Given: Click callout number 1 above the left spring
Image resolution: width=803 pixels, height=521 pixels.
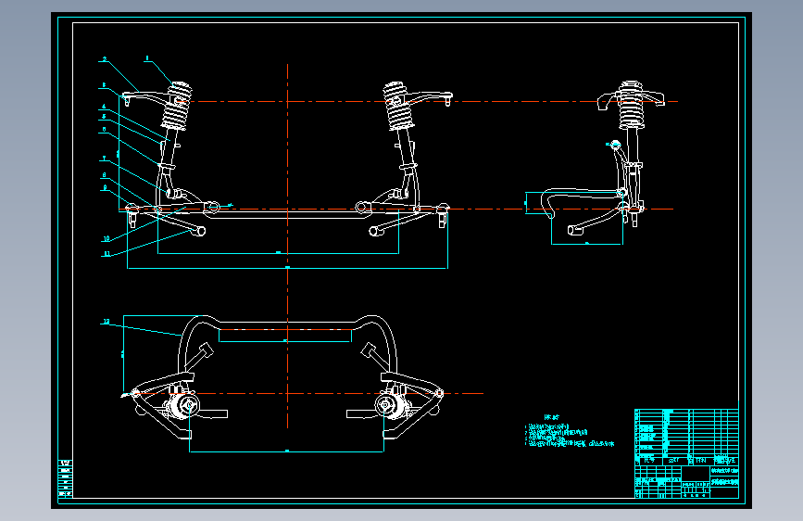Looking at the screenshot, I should [x=146, y=58].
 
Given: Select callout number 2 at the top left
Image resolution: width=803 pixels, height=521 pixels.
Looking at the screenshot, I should [x=105, y=59].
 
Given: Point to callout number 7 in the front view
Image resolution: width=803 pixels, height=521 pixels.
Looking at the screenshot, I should [x=105, y=159].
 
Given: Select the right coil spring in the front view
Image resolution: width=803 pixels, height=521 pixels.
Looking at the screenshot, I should [x=399, y=108].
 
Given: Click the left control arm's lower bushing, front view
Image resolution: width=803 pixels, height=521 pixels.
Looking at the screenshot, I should [x=201, y=230].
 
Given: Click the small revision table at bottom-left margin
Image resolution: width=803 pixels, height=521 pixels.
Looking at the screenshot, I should [x=65, y=478].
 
